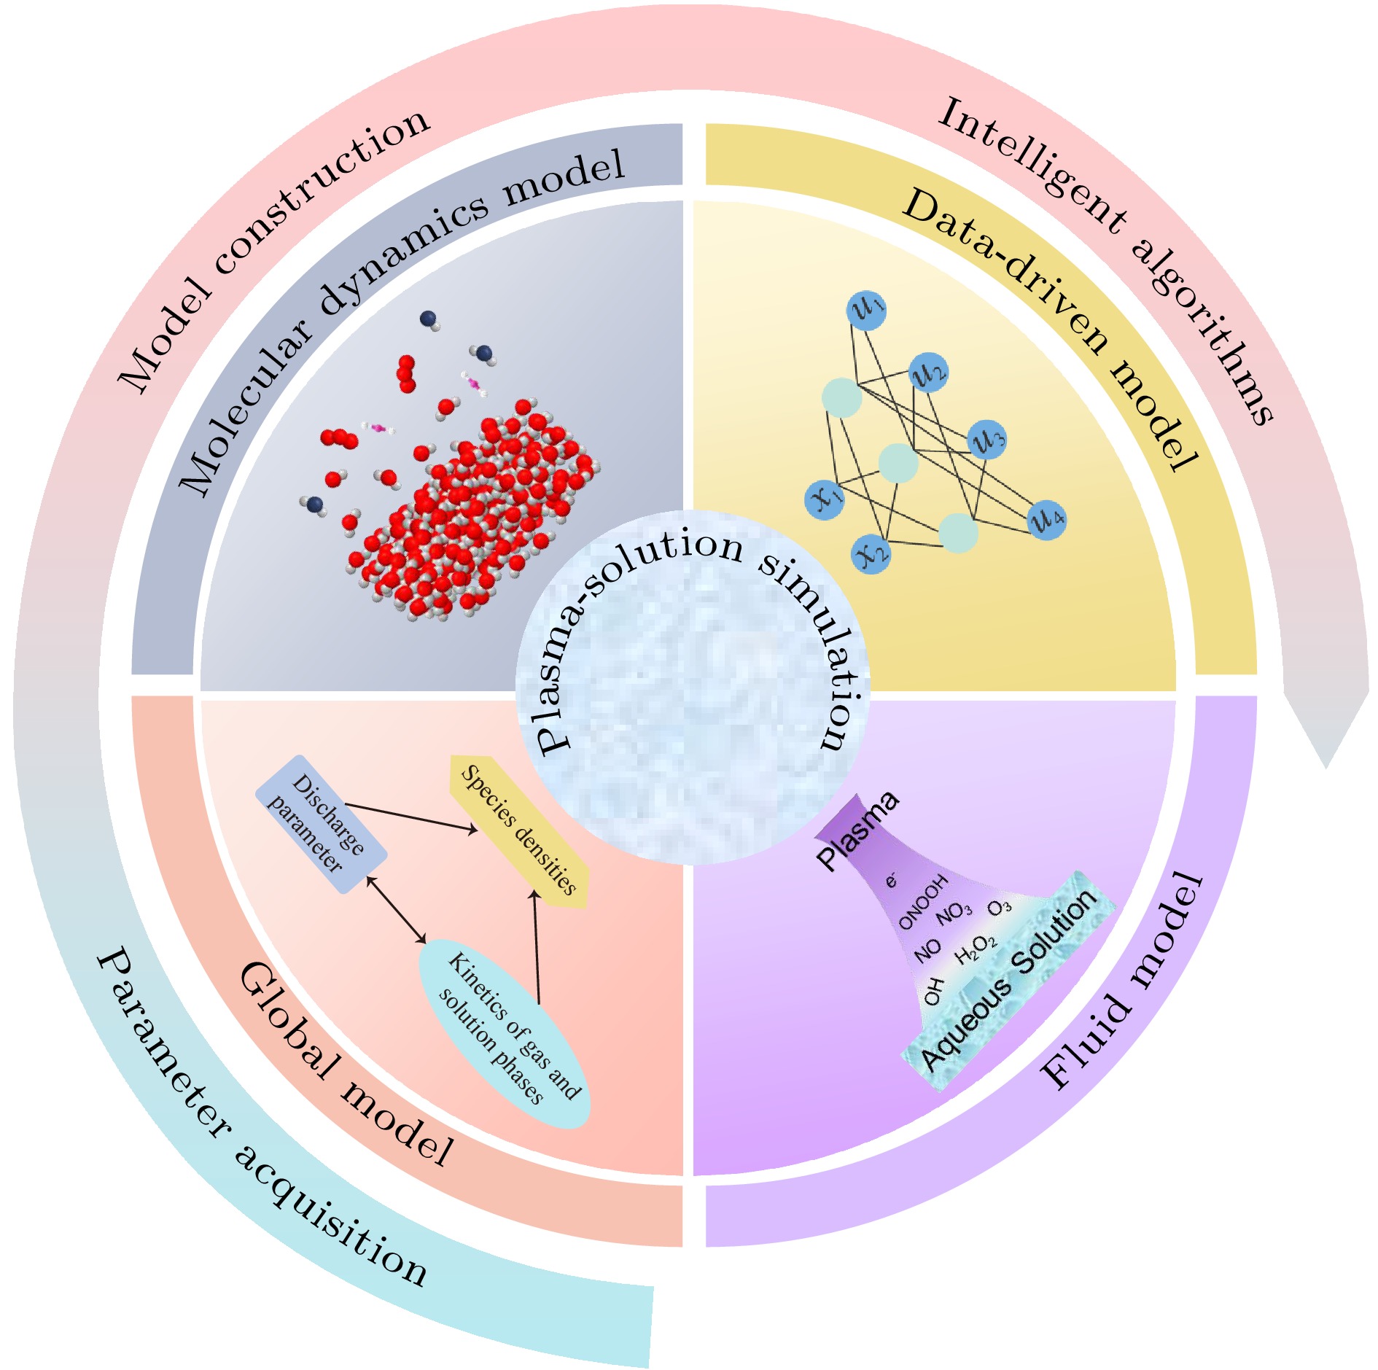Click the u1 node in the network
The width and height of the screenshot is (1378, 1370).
coord(866,310)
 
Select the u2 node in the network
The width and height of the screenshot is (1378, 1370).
coord(928,373)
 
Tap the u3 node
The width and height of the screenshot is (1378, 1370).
coord(987,440)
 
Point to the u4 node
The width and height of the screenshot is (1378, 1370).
coord(1047,519)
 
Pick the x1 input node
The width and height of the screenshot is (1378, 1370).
coord(825,499)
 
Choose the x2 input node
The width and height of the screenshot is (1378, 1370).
coord(871,553)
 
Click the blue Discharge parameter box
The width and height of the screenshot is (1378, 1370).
coord(322,824)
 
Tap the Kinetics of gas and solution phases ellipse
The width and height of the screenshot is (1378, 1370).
coord(504,1032)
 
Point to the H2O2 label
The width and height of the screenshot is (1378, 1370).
coord(976,948)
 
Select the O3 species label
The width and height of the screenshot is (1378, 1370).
coord(1000,908)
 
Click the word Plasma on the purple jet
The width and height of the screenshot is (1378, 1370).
coord(857,830)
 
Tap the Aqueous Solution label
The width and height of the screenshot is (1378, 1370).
coord(1009,981)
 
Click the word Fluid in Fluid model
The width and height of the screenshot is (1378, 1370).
coord(1086,1043)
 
